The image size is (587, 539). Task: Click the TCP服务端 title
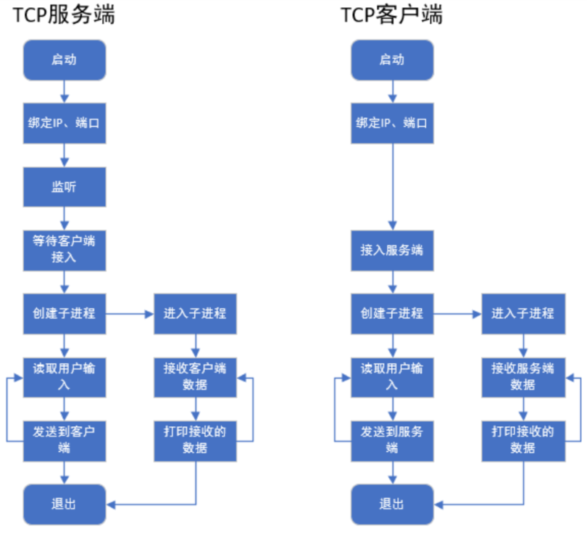[64, 15]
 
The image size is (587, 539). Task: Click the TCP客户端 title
[391, 15]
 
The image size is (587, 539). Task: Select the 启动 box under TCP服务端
[64, 60]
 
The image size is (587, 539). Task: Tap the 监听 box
[64, 187]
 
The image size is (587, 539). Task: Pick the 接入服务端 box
[392, 250]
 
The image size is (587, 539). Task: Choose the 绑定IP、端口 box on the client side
[392, 123]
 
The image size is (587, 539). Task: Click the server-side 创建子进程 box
[64, 314]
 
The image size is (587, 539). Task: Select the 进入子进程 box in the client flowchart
[523, 314]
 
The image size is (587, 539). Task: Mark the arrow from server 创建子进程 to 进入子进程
[129, 314]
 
